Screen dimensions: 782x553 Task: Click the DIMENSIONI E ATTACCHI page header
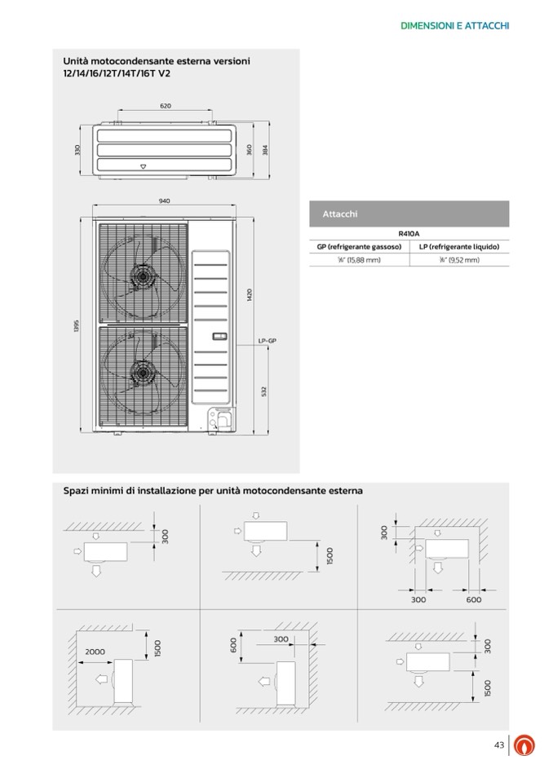[x=455, y=26]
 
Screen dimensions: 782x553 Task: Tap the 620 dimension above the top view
[x=166, y=106]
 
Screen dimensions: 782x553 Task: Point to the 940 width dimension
[x=164, y=201]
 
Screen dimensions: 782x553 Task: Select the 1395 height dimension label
[x=76, y=325]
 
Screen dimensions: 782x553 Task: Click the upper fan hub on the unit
[x=144, y=276]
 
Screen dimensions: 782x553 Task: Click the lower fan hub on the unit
[x=144, y=373]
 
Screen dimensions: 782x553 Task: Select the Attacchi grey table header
[x=409, y=214]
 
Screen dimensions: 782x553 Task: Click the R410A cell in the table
[x=409, y=233]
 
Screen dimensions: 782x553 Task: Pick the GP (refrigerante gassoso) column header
[x=359, y=246]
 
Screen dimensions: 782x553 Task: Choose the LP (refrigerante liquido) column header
[x=458, y=246]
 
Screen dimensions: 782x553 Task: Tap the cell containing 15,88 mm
[x=359, y=260]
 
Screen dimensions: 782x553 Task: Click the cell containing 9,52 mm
[x=458, y=260]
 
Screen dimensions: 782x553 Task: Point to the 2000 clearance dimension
[x=95, y=652]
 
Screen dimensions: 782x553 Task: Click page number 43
[x=499, y=744]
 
